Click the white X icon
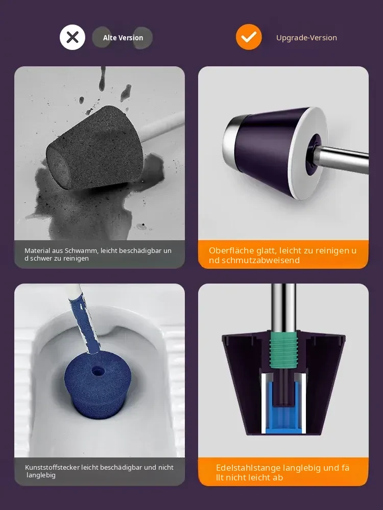[73, 37]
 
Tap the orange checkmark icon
[249, 37]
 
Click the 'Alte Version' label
[123, 38]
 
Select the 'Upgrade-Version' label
[306, 38]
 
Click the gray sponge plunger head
[95, 148]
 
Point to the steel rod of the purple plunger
[344, 159]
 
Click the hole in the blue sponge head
[97, 371]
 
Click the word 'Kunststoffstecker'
[53, 467]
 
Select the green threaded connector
[283, 350]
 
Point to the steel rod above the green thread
[283, 308]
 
